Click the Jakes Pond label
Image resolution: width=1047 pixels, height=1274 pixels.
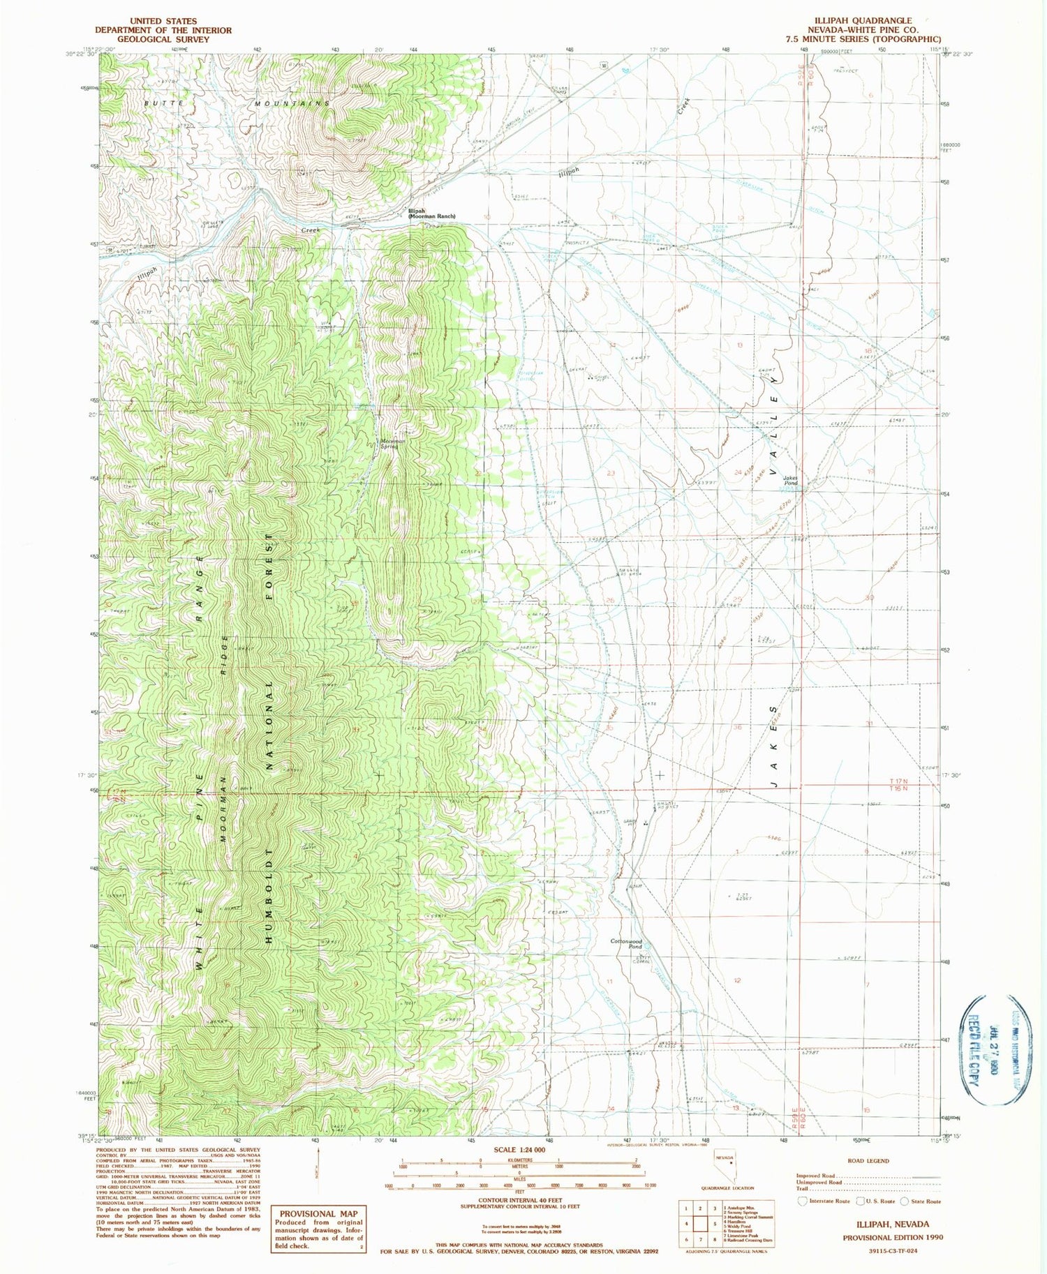[x=790, y=481]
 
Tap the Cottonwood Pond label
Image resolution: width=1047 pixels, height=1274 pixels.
[x=626, y=944]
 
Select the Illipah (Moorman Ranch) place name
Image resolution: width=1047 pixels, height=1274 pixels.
[x=431, y=213]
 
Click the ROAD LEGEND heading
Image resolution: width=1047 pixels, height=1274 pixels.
[x=868, y=1161]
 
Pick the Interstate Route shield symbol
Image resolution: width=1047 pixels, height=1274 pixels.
[x=802, y=1201]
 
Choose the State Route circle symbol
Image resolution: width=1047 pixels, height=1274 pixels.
[x=905, y=1201]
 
